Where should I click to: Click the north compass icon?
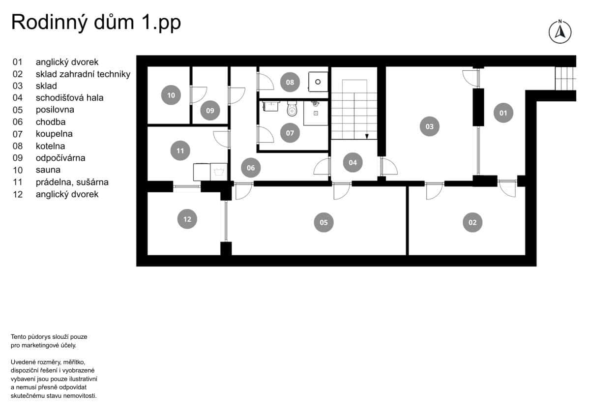[x=560, y=32]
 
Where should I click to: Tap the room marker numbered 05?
[x=324, y=222]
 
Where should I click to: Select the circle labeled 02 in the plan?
[x=472, y=222]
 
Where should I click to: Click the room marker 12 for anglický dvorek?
[x=187, y=219]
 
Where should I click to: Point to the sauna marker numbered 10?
[x=171, y=95]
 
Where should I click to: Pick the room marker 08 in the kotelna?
[x=290, y=82]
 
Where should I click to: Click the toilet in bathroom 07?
[x=292, y=109]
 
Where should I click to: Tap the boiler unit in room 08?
[x=318, y=80]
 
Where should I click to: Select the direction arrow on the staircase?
[x=367, y=136]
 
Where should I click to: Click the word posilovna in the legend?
[x=55, y=110]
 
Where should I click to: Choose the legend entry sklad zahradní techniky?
[x=83, y=74]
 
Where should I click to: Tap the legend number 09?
[x=18, y=158]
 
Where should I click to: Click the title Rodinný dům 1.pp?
[x=96, y=23]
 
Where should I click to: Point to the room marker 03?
[x=429, y=126]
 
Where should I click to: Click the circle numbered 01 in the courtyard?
[x=503, y=113]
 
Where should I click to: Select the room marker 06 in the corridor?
[x=251, y=168]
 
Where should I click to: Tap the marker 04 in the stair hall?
[x=353, y=162]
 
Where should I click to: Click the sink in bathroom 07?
[x=271, y=106]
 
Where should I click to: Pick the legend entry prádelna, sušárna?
[x=72, y=182]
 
